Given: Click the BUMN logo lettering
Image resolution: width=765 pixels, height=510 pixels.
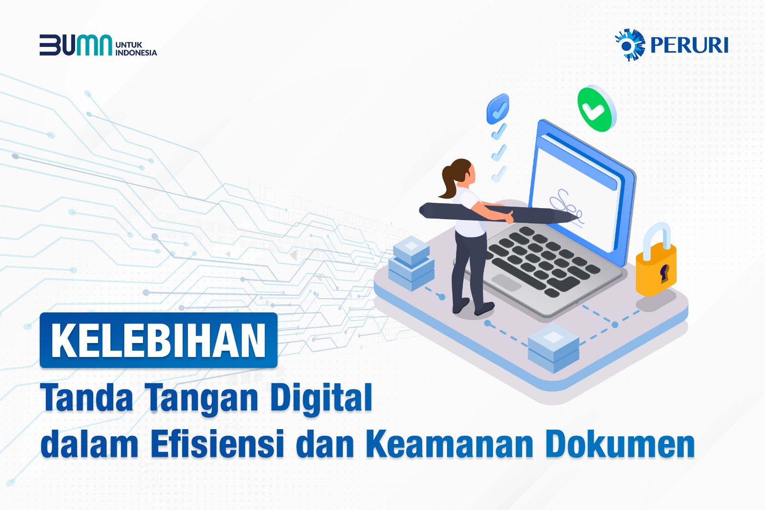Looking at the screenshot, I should click(76, 45).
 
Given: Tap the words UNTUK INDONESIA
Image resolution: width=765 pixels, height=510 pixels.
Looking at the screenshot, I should click(136, 49).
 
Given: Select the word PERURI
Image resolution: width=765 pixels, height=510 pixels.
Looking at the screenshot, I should click(689, 45).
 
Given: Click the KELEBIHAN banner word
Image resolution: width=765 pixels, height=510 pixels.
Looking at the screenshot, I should click(158, 340).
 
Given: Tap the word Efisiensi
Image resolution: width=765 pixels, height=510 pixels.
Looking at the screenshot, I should click(218, 444).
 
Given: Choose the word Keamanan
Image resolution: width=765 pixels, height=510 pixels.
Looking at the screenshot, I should click(450, 444).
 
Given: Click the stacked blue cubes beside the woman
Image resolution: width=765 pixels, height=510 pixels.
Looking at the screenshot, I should click(411, 264).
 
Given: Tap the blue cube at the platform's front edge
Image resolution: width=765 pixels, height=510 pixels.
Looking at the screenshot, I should click(553, 348).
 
